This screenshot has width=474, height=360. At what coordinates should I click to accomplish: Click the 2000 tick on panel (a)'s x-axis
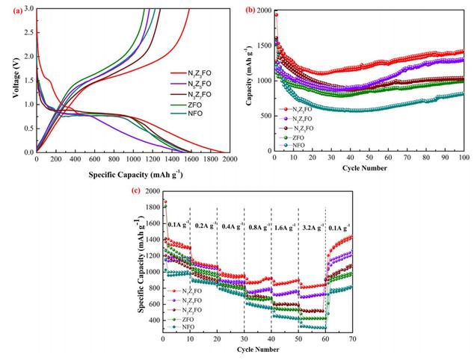[x=230, y=159]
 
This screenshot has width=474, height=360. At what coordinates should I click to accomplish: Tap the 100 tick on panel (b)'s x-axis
[x=464, y=158]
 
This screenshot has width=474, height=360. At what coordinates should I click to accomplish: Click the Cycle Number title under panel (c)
[x=256, y=350]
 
